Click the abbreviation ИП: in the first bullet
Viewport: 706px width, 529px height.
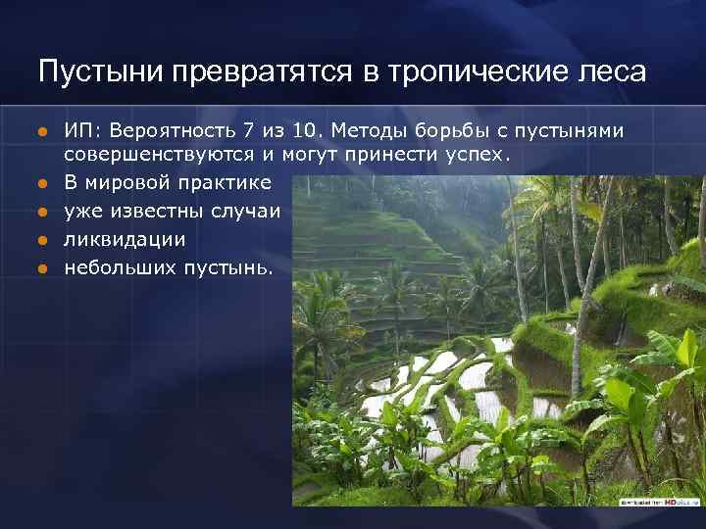(x=82, y=130)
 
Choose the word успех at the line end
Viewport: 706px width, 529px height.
(x=479, y=156)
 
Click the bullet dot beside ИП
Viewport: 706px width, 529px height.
(x=42, y=131)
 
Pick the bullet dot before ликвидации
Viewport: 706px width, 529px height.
(x=42, y=239)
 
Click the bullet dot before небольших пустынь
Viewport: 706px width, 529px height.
(x=42, y=266)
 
